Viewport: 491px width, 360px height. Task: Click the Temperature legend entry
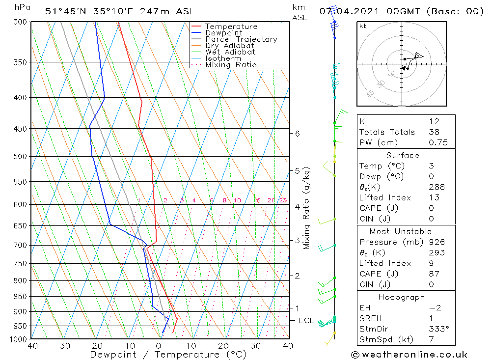click(x=231, y=27)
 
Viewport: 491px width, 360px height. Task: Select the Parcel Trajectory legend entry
click(x=241, y=39)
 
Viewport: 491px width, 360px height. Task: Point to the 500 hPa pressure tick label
click(x=21, y=157)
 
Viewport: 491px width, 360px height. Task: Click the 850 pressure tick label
click(x=21, y=297)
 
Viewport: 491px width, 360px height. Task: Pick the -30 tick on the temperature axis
click(x=62, y=346)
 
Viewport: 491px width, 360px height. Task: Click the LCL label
click(x=306, y=321)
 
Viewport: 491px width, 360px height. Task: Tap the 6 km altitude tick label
click(x=298, y=134)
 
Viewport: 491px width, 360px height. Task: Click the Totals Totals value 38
click(x=434, y=132)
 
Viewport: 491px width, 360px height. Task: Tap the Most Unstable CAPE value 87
click(x=434, y=274)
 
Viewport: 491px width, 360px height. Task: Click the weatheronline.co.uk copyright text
click(x=409, y=355)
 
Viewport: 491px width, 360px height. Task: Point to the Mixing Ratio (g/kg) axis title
click(x=307, y=208)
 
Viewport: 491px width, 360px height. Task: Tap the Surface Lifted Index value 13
click(x=434, y=197)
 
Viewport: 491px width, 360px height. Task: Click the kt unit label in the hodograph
click(x=363, y=26)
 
